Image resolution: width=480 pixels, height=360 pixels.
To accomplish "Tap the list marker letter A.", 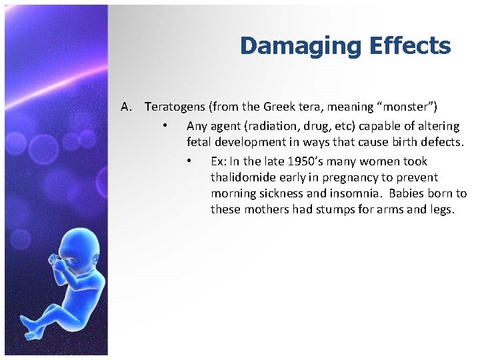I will click(127, 107).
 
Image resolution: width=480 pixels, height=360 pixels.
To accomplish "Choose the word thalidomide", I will click(242, 177).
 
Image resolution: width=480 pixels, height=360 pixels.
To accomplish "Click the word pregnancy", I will click(337, 177).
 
